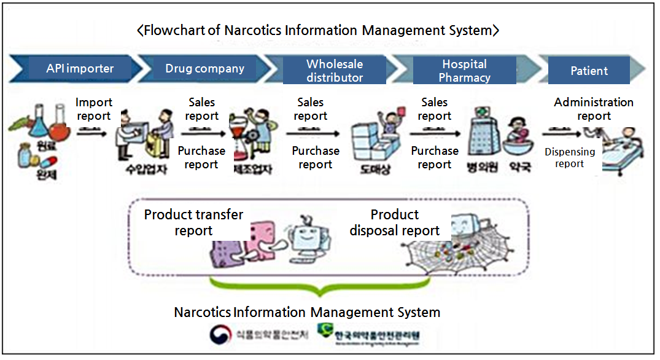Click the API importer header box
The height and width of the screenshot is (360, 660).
(80, 68)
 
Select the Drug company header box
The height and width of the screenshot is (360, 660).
(204, 68)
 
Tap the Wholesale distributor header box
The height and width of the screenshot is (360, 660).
(335, 71)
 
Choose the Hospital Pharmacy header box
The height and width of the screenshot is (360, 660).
(464, 71)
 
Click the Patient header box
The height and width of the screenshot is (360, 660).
(589, 71)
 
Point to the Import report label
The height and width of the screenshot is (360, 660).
(94, 109)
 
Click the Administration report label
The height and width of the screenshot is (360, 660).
(594, 109)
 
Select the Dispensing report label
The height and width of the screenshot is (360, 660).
(569, 157)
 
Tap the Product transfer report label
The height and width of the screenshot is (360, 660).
(193, 222)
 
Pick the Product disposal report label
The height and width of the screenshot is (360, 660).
(395, 222)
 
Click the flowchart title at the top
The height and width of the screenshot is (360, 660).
(317, 29)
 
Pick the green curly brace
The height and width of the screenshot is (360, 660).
(319, 286)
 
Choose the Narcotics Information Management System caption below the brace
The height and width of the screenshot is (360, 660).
(307, 312)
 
